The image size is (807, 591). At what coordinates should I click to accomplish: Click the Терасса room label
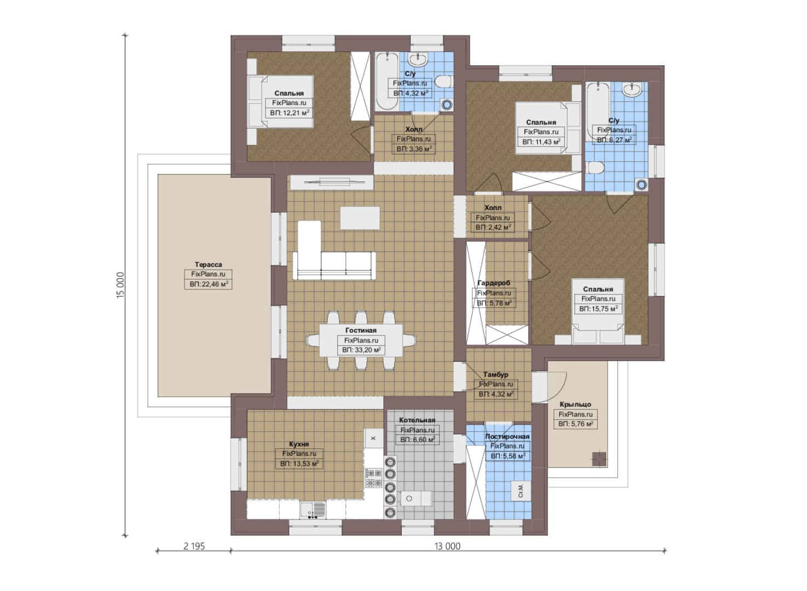[x=208, y=264]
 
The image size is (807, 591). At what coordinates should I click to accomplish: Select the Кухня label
[x=299, y=444]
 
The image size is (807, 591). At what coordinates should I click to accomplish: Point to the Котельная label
[x=417, y=420]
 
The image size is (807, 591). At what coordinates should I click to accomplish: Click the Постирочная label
[x=508, y=437]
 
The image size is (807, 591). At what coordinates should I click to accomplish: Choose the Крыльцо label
[x=575, y=404]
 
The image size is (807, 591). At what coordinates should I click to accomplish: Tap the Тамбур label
[x=495, y=374]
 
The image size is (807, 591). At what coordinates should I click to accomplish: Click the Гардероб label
[x=494, y=283]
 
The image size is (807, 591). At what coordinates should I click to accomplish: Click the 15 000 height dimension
[x=120, y=285]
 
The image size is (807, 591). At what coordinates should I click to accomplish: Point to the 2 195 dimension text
[x=194, y=546]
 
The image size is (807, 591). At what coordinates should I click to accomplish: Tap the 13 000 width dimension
[x=447, y=546]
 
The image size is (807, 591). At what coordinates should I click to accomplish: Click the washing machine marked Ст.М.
[x=521, y=490]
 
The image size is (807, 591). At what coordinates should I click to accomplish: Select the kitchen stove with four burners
[x=373, y=477]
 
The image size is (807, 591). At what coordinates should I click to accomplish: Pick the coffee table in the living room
[x=360, y=218]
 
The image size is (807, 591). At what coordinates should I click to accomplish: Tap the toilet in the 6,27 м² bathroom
[x=596, y=167]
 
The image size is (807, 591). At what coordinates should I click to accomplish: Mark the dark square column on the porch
[x=599, y=459]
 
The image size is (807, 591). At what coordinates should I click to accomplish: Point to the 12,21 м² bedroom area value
[x=290, y=113]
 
